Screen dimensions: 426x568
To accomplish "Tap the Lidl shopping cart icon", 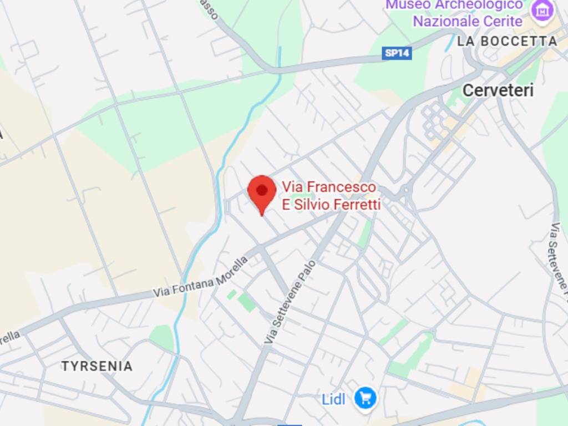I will tap(366, 398).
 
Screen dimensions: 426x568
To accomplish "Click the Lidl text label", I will tap(334, 399).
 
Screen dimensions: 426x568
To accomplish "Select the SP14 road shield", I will tap(397, 53).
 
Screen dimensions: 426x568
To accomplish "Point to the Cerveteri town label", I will tap(498, 90).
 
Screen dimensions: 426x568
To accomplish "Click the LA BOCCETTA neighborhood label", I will tap(507, 41).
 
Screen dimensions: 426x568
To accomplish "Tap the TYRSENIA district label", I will tap(97, 366).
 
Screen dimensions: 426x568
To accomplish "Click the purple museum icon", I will tap(541, 9).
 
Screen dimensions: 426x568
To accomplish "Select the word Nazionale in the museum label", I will tap(447, 21).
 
